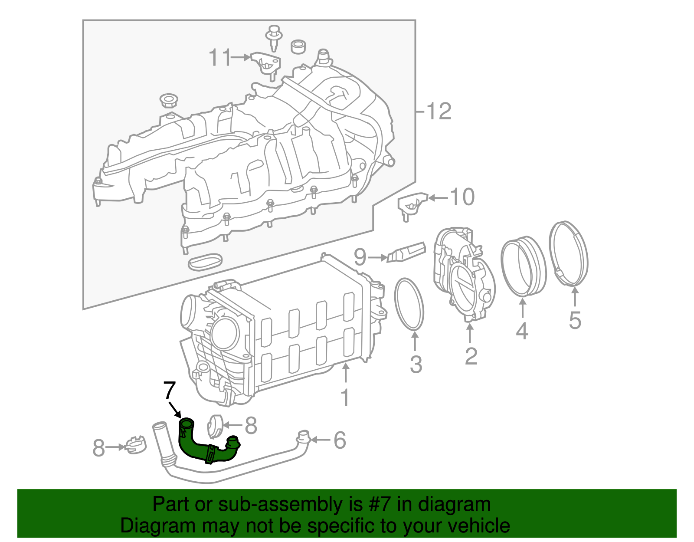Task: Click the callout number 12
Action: (439, 112)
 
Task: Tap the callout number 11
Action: (220, 57)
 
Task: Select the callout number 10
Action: (462, 197)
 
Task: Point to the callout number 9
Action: (360, 257)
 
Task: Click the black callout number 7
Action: (170, 390)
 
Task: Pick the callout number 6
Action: (340, 440)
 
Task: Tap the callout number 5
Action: (575, 320)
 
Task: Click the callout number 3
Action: (416, 364)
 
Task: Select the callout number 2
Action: (471, 356)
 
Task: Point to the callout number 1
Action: (345, 397)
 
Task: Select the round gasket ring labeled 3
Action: (396, 303)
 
